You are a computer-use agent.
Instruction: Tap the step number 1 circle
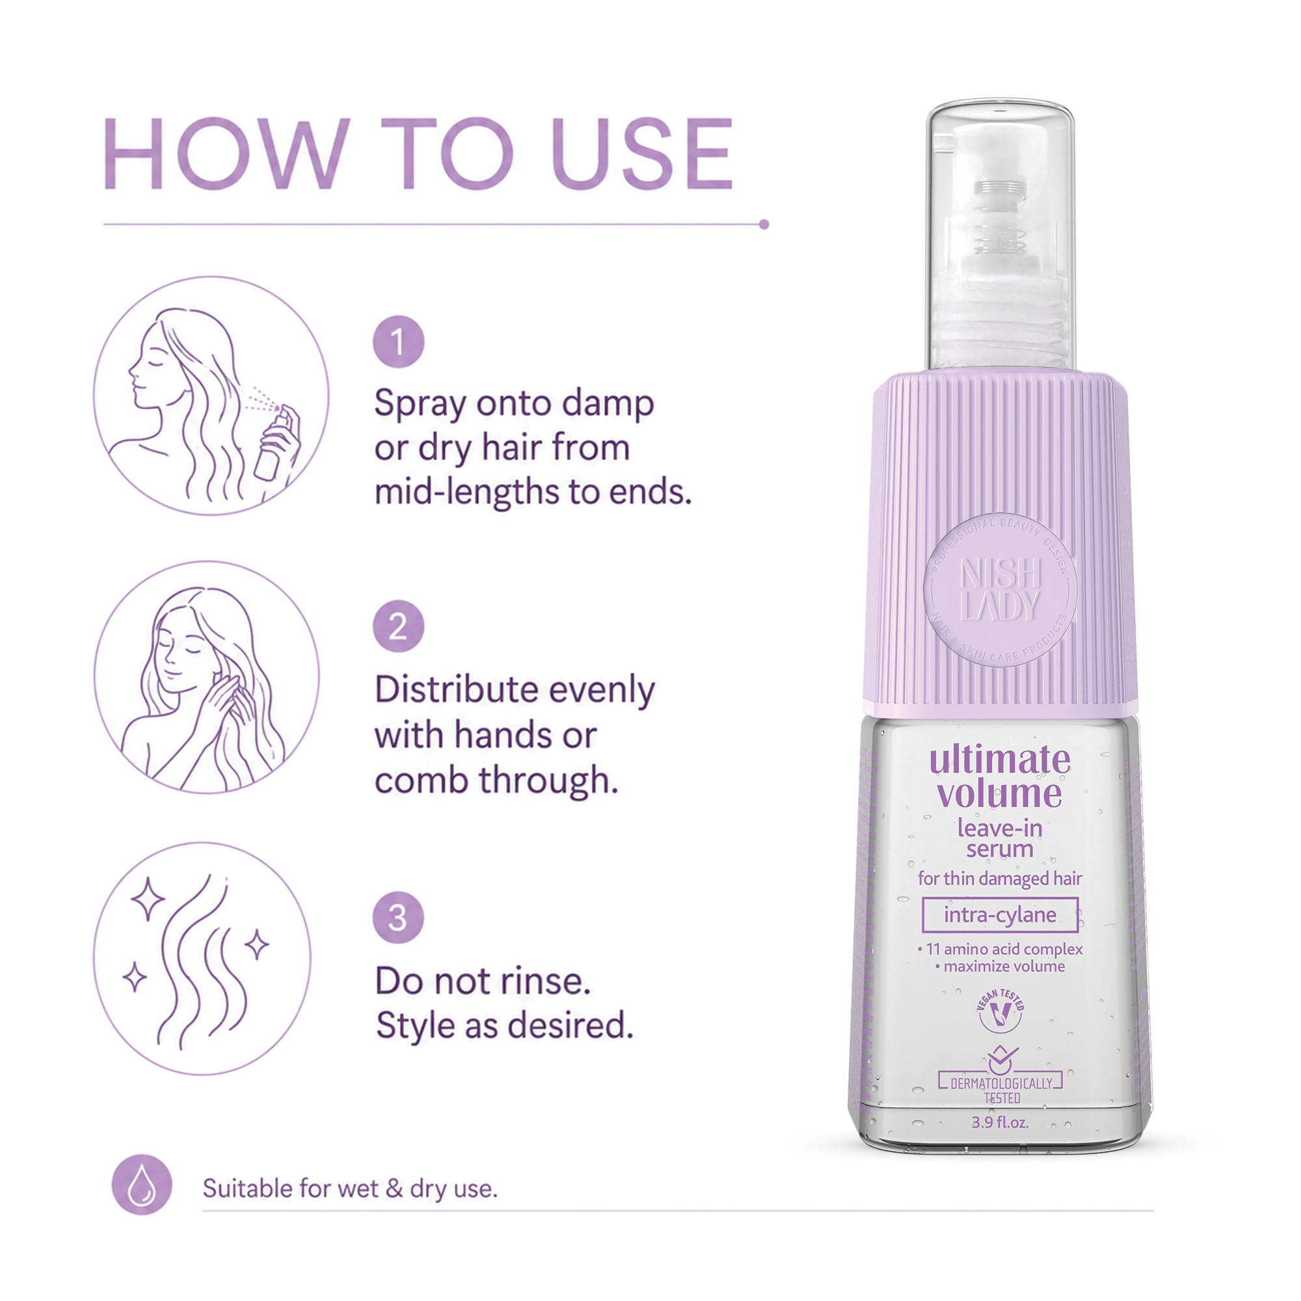click(399, 342)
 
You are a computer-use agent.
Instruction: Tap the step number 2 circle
click(399, 626)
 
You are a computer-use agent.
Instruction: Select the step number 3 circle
click(399, 917)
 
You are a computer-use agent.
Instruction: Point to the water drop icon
click(141, 1185)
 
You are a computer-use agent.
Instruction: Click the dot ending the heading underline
click(764, 224)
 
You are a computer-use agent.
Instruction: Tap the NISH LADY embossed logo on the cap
click(1000, 590)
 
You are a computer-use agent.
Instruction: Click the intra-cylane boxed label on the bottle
click(1000, 915)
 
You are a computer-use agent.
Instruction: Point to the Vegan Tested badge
click(1000, 1012)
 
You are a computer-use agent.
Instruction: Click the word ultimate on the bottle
click(999, 761)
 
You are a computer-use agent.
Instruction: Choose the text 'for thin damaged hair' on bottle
click(1000, 879)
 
